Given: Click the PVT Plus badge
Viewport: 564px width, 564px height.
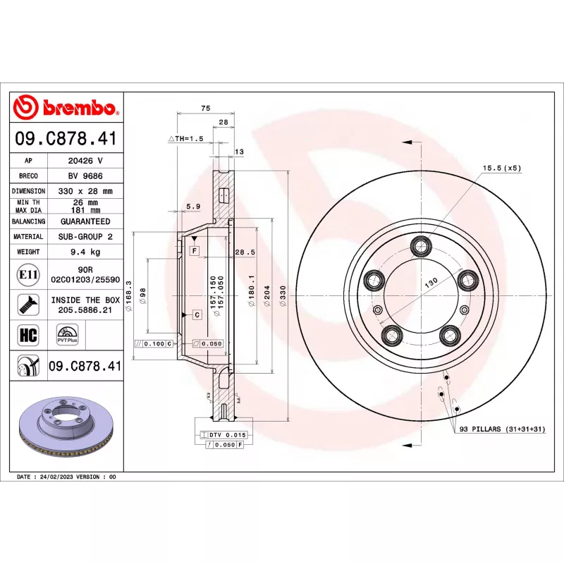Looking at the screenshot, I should coord(68,334).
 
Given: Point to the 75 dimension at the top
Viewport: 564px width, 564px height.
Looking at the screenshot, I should coord(206,108).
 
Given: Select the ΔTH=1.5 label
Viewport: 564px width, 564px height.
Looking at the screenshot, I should coord(185,139).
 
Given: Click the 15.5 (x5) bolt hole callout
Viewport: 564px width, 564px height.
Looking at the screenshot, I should coord(501,168).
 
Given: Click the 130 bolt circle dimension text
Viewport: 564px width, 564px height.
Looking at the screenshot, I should coord(431,281).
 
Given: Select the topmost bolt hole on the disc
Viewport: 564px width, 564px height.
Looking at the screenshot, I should coord(423,245).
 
